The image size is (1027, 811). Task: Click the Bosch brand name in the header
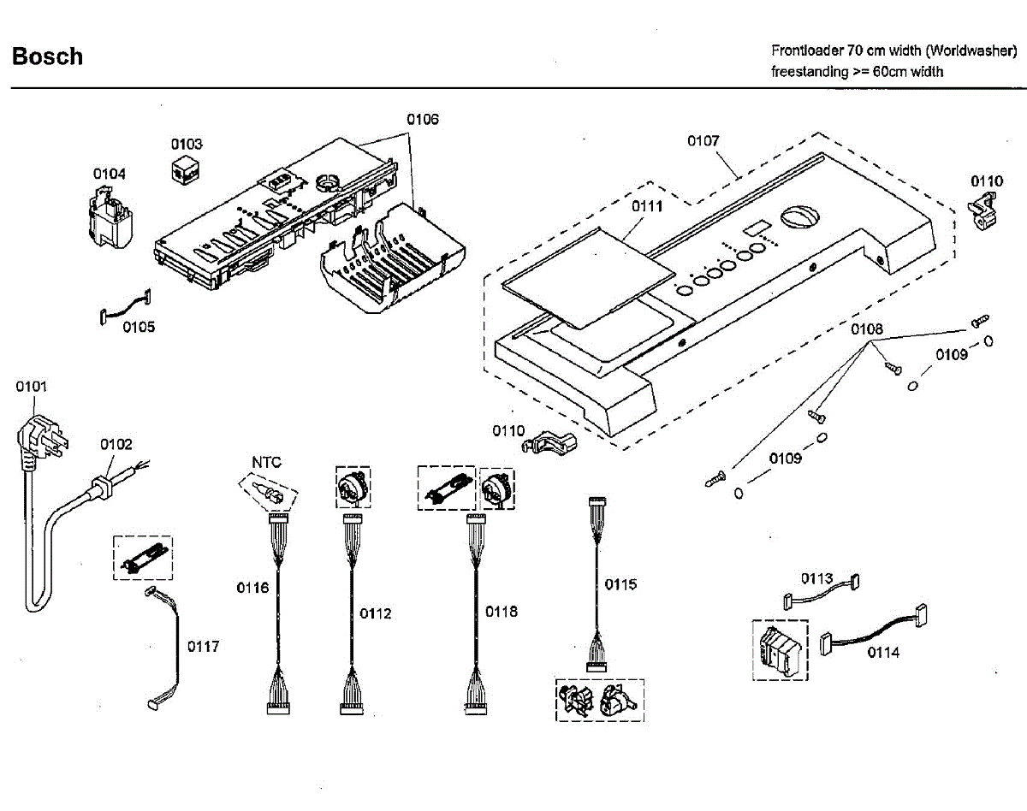coord(47,56)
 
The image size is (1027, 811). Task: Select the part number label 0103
coord(186,144)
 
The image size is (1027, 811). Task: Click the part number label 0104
coord(110,174)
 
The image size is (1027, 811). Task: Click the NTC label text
coord(266,462)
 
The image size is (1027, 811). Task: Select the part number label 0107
coord(703,141)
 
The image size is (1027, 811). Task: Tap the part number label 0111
coord(647,206)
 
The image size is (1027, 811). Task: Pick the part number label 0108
coord(866,329)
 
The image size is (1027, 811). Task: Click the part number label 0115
coord(620,584)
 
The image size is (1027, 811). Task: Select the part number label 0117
coord(203,646)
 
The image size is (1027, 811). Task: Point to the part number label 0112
coord(375,613)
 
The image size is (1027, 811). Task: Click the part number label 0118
coord(502,611)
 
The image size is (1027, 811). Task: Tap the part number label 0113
coord(816,579)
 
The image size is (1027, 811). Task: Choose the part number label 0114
coord(883,652)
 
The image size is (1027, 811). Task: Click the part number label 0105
coord(139,326)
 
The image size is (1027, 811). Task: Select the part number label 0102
coord(116,444)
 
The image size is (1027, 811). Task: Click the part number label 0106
coord(422,120)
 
